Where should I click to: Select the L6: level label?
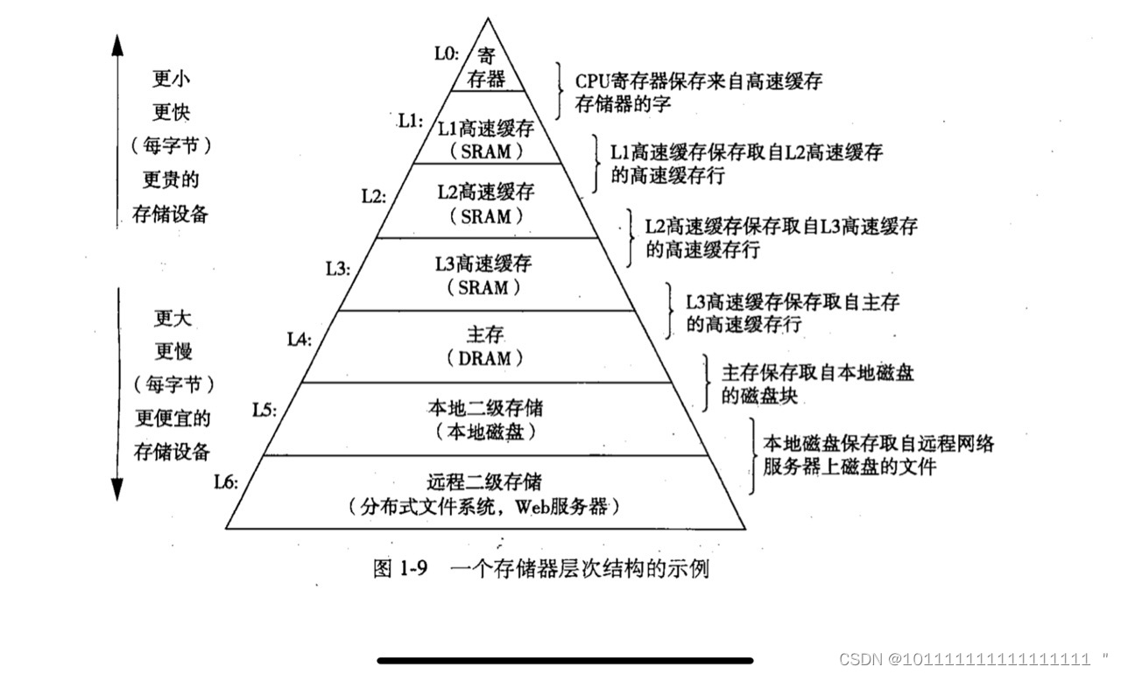coord(226,481)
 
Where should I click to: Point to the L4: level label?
coord(300,338)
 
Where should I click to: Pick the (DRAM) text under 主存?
coord(484,358)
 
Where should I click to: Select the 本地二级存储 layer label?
coord(484,408)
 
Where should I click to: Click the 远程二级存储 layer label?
coord(484,481)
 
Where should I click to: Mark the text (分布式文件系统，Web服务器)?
coord(484,506)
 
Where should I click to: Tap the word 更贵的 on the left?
coord(171,180)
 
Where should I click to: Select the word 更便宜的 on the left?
coord(171,418)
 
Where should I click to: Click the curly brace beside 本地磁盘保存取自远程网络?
coord(752,455)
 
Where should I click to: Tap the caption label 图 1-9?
coord(399,569)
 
